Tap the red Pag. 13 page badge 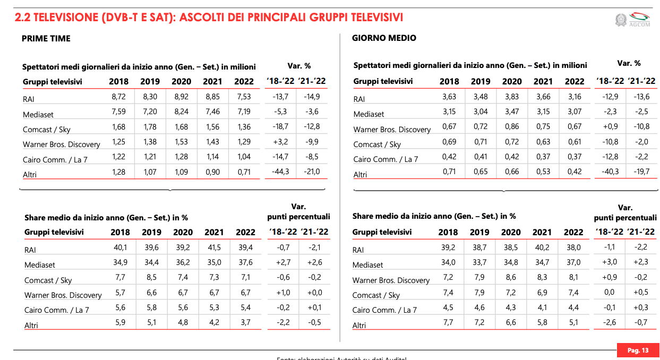tap(638, 350)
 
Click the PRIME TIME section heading tap(46, 38)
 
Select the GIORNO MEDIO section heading tap(384, 38)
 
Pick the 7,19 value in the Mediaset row tap(245, 112)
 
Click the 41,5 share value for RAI tap(214, 247)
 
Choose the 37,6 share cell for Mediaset tap(245, 262)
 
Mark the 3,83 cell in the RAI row tap(512, 97)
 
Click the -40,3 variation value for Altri tap(610, 172)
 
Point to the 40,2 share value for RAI tap(542, 247)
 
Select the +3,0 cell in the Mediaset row tap(609, 262)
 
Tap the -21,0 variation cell tap(312, 172)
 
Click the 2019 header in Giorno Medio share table tap(479, 232)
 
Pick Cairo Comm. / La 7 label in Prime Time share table tap(57, 310)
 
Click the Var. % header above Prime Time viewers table tap(299, 66)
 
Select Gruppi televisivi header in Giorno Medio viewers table tap(383, 81)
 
